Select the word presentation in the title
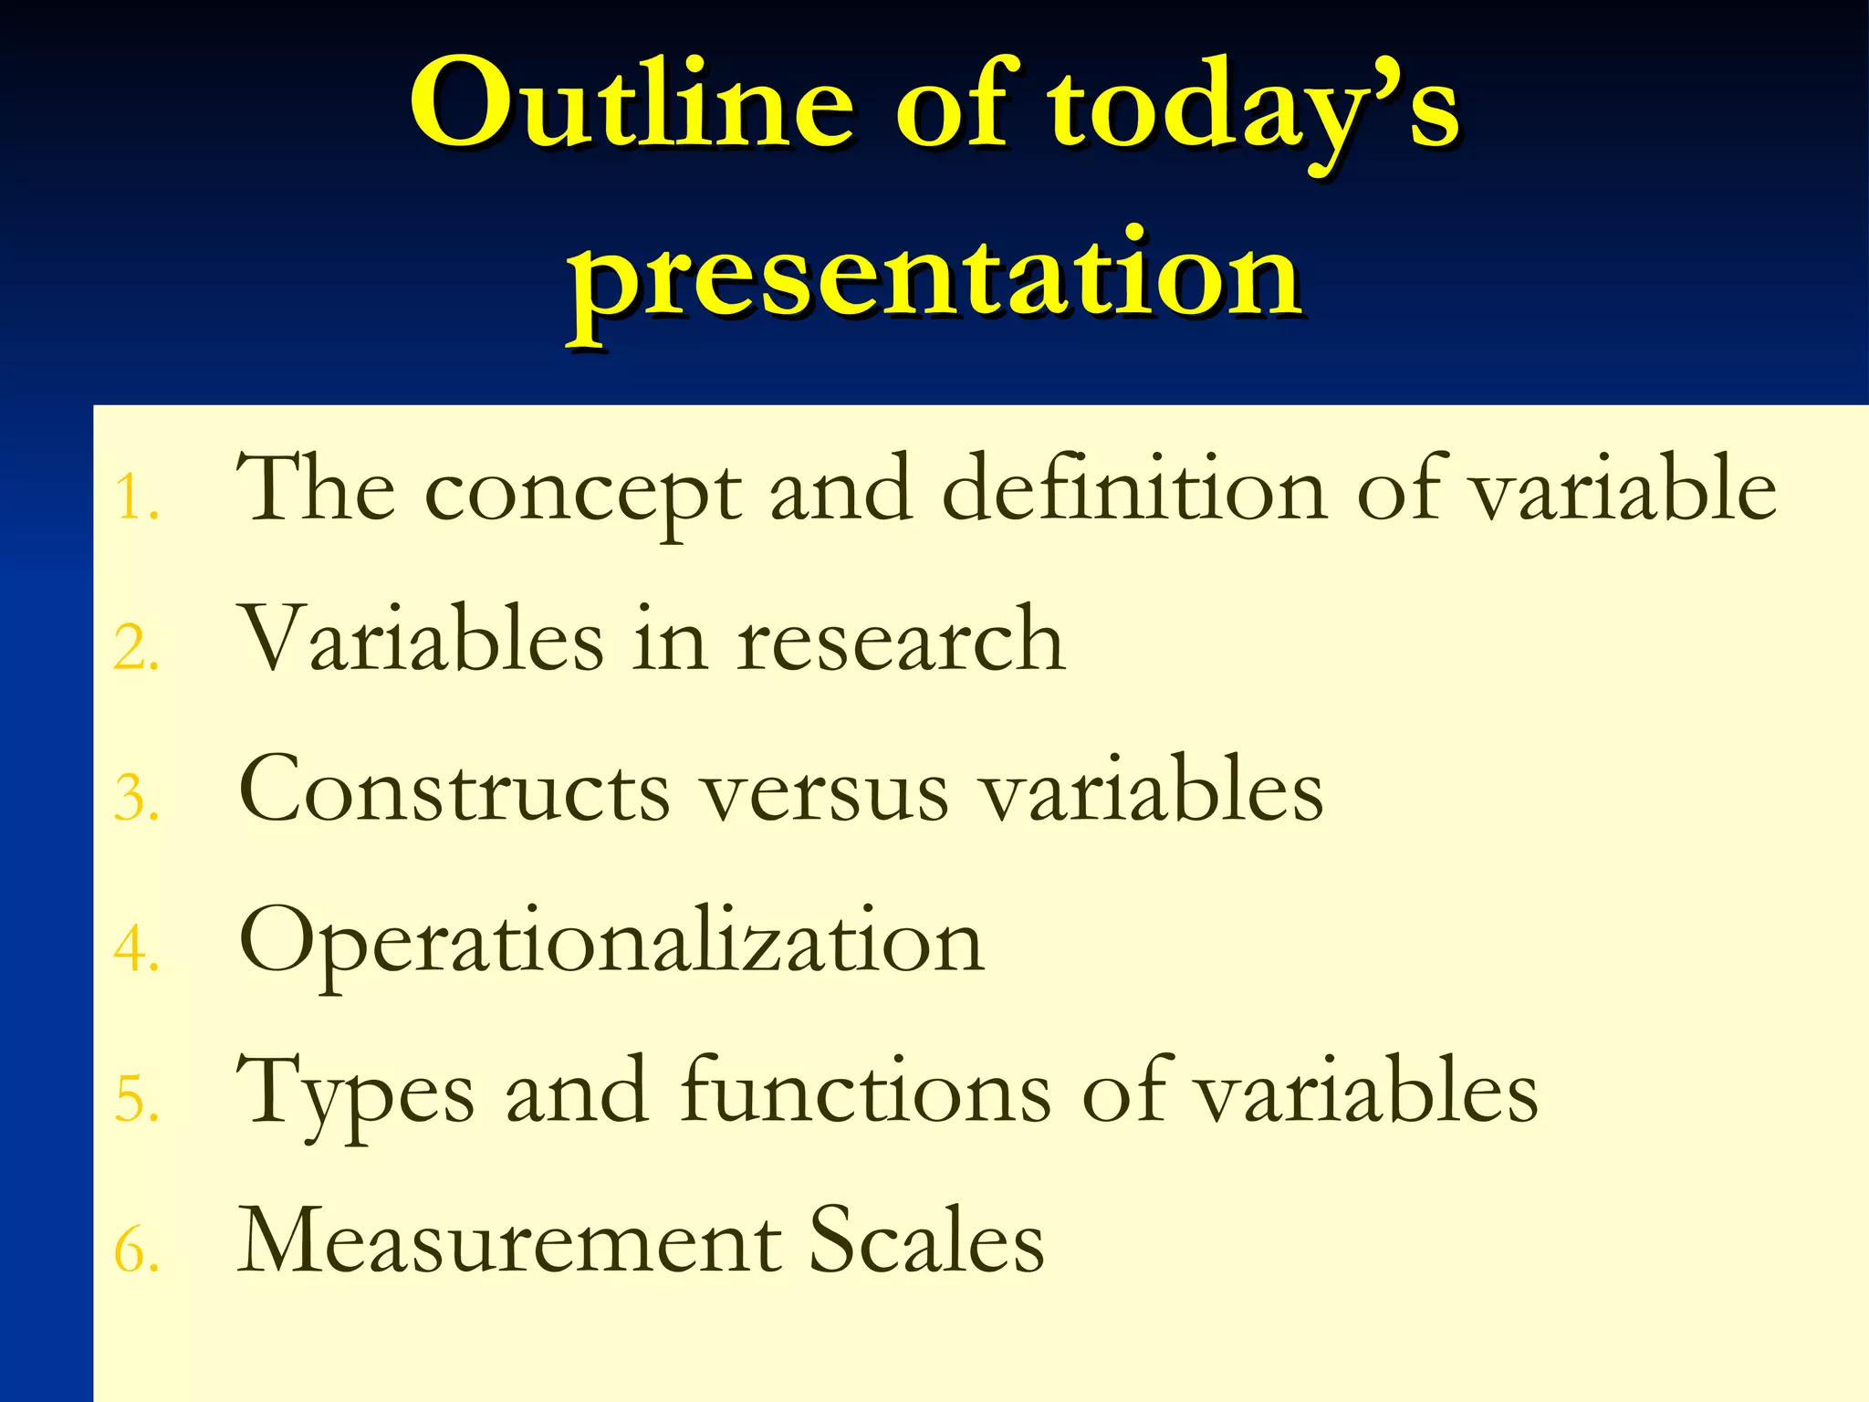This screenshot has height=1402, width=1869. tap(934, 274)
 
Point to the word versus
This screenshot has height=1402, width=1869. tap(826, 794)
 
